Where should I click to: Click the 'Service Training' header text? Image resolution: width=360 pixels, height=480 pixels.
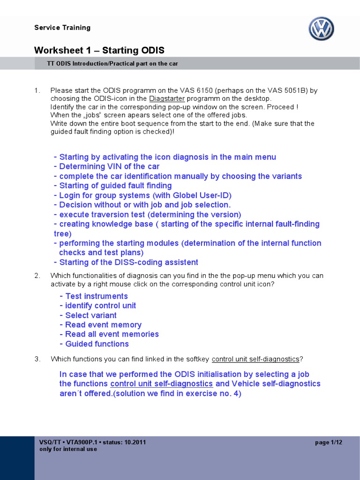62,28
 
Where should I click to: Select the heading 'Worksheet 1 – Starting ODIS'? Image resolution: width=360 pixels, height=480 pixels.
99,50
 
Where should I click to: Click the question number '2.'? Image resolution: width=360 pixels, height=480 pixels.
37,276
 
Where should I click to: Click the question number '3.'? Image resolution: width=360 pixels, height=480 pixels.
37,359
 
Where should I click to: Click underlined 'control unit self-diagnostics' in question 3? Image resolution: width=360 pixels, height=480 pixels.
255,359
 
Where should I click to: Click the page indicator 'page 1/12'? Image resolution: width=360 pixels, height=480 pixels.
329,442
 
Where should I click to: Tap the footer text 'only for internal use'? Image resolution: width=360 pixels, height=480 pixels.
68,449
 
